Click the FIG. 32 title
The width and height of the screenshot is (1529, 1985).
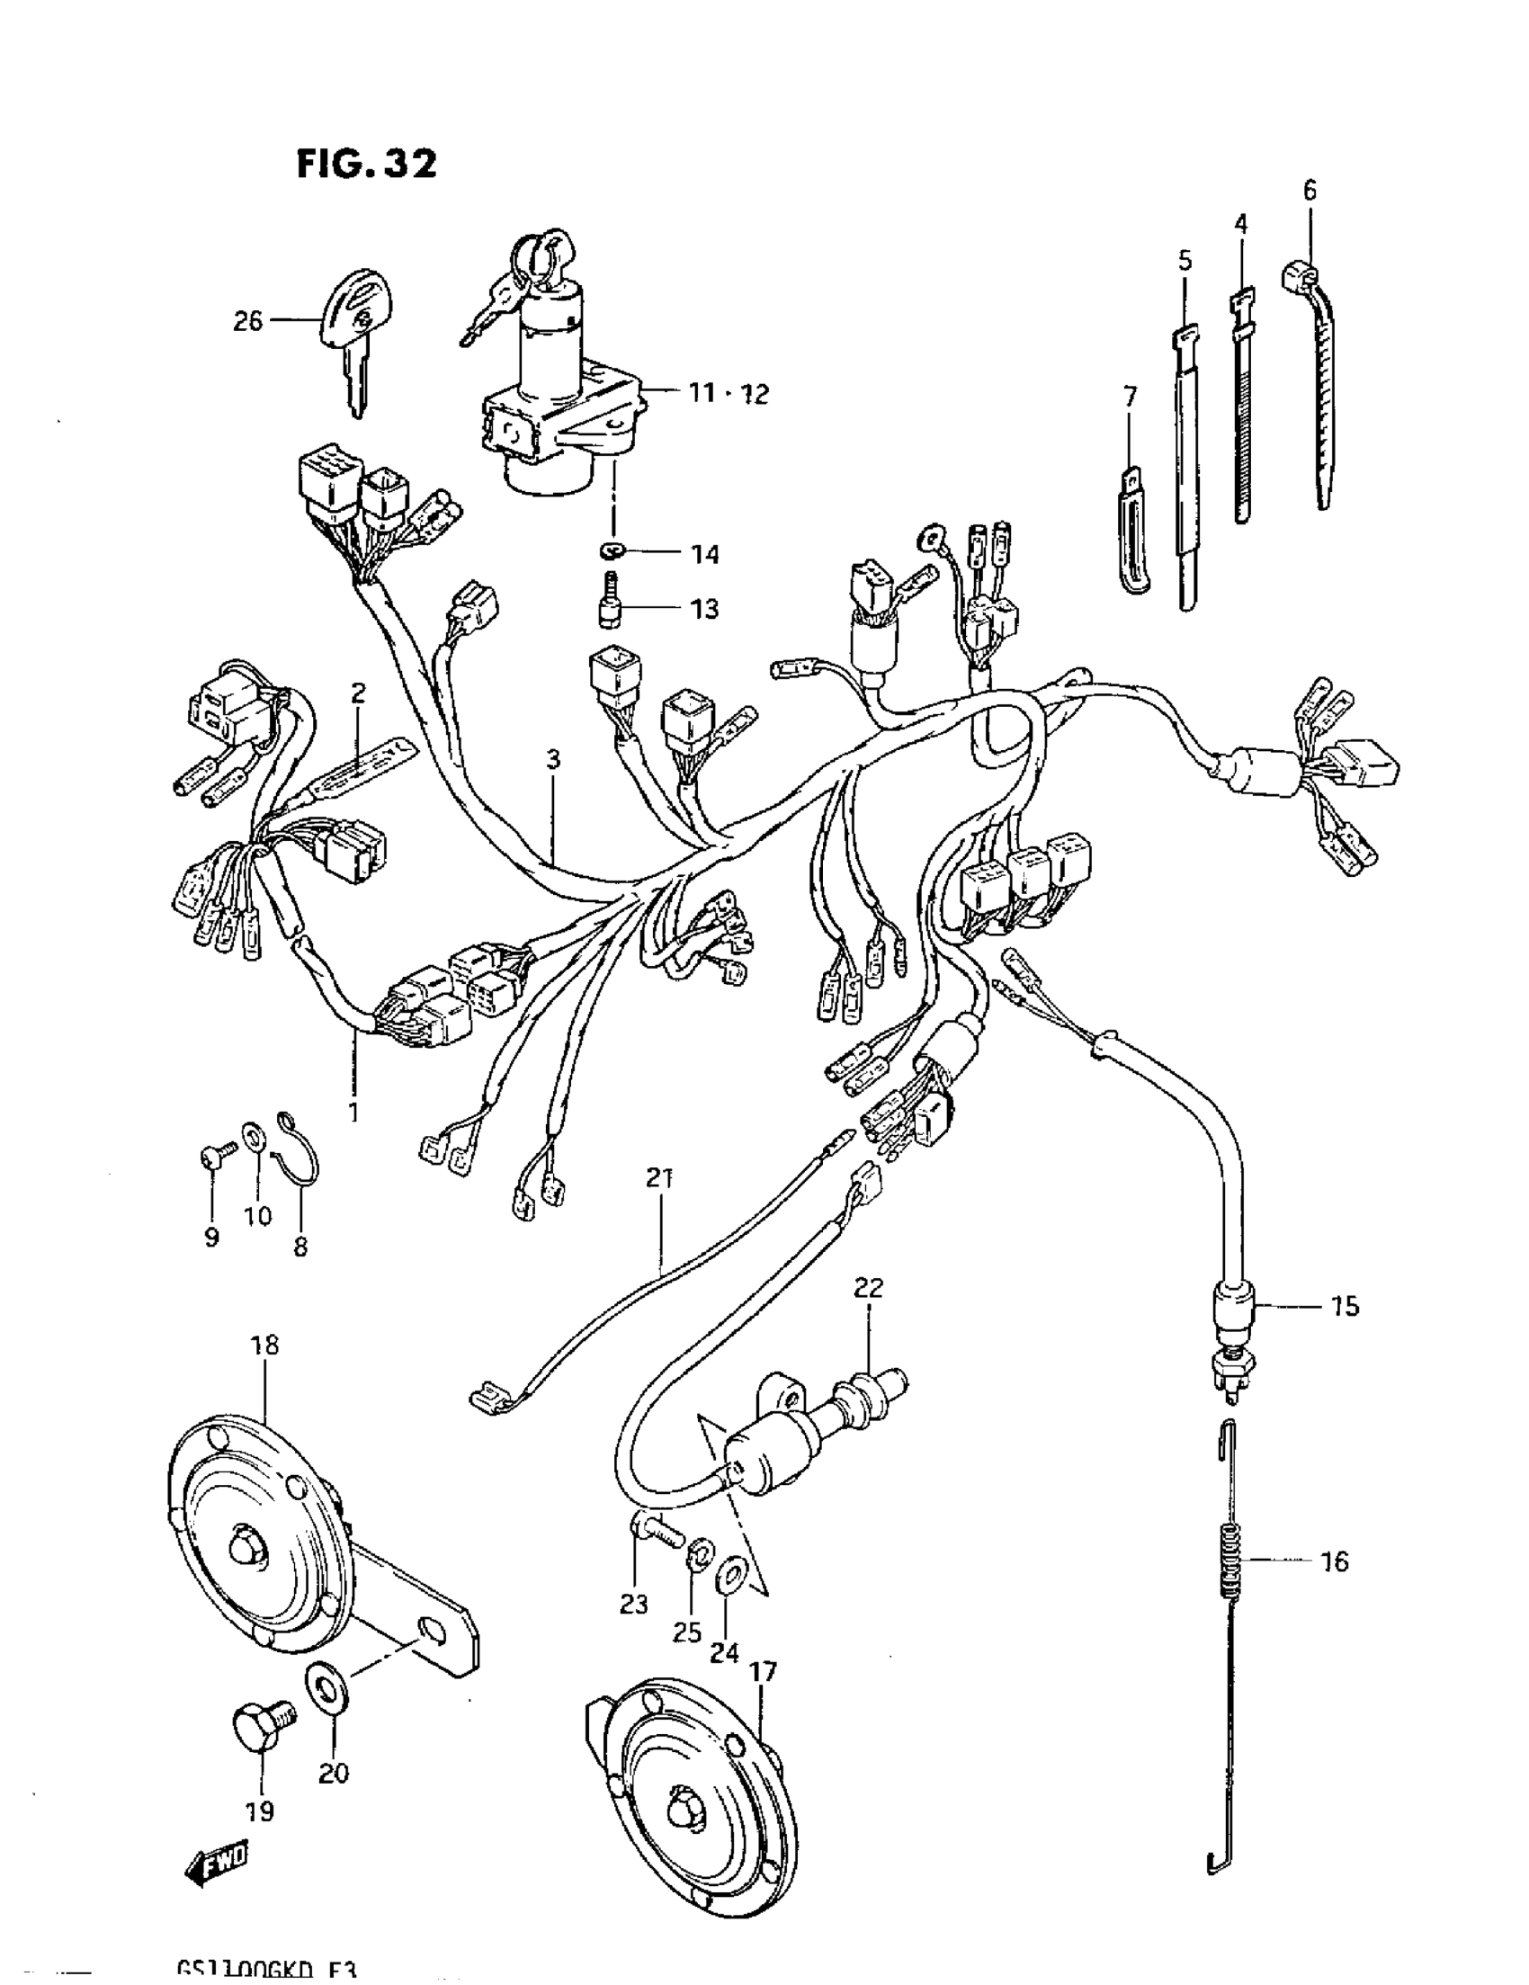[366, 165]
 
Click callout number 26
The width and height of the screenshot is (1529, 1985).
[247, 321]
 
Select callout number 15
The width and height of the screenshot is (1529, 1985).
[1344, 1306]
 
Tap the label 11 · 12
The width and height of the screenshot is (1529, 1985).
[728, 394]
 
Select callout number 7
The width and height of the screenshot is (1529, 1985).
[1129, 397]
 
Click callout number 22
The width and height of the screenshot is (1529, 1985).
[868, 1287]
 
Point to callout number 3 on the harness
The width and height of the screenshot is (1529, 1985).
[554, 759]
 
